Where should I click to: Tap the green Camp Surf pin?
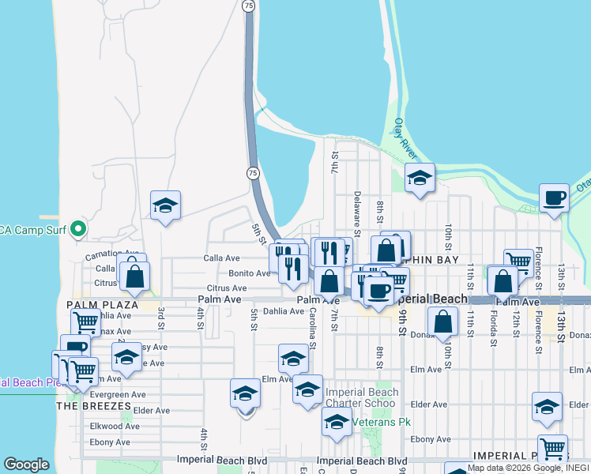77,230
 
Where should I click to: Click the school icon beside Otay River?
420,179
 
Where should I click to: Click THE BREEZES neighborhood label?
93,405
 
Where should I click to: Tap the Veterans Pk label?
382,423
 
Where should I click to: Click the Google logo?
27,465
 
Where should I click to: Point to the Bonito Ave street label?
249,273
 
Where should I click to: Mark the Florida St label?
491,331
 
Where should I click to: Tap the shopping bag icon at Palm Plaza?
135,276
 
